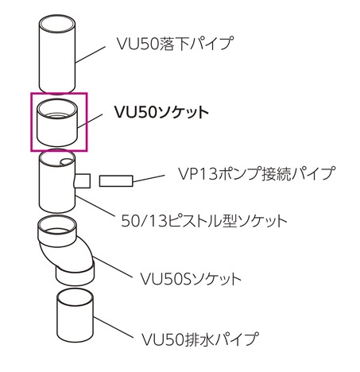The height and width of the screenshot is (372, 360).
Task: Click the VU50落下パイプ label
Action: [x=175, y=43]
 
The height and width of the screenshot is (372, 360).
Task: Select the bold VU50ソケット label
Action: [x=161, y=112]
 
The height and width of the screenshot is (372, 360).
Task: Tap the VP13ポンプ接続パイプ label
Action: [x=257, y=173]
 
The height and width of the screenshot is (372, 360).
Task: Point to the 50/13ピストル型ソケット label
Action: [x=204, y=221]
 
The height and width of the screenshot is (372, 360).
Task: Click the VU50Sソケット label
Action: [x=191, y=279]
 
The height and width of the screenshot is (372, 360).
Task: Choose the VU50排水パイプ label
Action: [x=199, y=339]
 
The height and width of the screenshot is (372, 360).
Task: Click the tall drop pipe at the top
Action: [x=57, y=53]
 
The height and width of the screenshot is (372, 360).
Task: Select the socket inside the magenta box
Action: [x=57, y=122]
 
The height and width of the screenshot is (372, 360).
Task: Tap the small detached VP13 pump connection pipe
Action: [x=116, y=180]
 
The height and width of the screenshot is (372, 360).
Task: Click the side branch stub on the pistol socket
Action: [x=83, y=180]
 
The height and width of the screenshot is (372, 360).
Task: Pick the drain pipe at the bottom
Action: [x=75, y=316]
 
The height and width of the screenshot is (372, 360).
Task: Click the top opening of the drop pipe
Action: [x=57, y=24]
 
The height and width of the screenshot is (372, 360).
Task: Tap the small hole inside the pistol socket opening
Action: [x=66, y=162]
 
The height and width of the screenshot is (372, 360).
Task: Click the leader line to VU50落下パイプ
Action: [x=91, y=55]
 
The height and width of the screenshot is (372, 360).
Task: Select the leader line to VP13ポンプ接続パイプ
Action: [x=149, y=178]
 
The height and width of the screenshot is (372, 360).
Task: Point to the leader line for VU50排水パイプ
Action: [x=113, y=327]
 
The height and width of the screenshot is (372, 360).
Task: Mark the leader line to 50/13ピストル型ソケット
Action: [x=95, y=207]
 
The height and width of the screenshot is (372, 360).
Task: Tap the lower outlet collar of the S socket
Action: [x=75, y=276]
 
